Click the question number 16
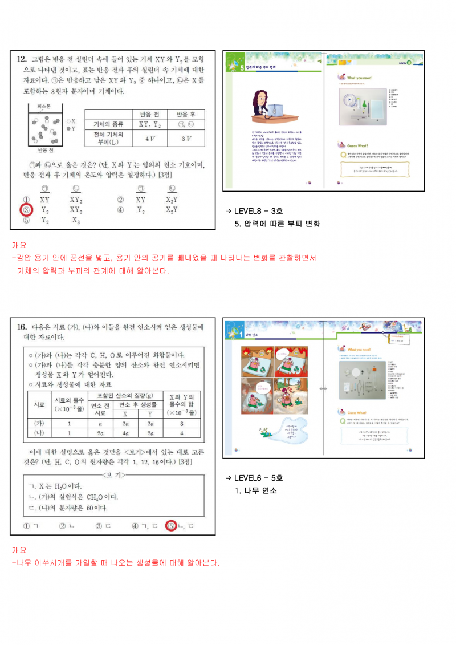22,327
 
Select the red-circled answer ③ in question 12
26,210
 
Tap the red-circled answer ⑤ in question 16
170,526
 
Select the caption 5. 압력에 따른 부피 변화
277,224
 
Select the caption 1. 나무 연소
255,490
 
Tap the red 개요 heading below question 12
19,245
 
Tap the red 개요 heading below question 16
19,550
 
